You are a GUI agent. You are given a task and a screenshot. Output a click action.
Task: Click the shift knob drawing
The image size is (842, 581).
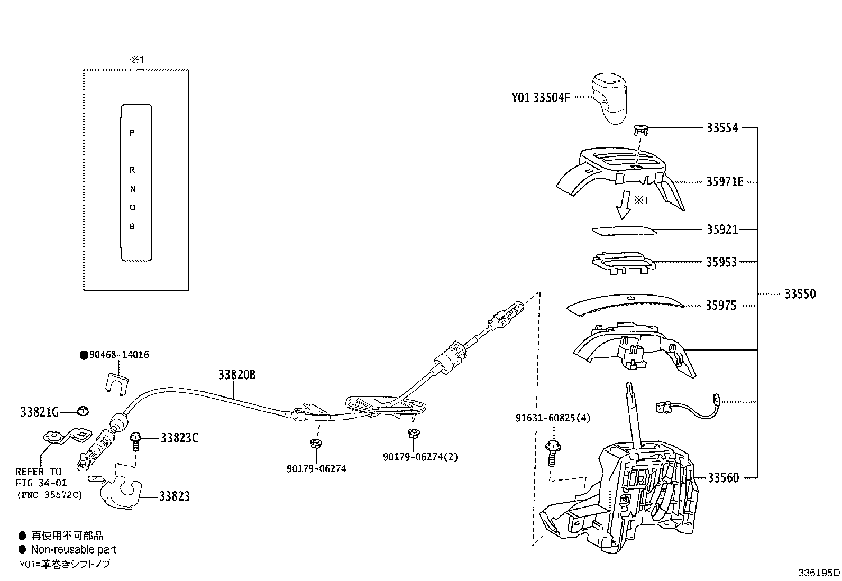click(610, 99)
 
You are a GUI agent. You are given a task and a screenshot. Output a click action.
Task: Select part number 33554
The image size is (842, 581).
click(722, 128)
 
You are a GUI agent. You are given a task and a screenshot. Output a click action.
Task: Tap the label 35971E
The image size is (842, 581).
click(725, 182)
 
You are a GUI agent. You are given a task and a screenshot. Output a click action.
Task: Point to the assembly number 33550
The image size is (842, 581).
click(800, 294)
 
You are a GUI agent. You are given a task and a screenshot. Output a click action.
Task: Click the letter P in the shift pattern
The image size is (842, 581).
click(132, 133)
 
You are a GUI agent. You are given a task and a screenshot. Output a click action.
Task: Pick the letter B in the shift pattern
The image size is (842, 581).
click(132, 227)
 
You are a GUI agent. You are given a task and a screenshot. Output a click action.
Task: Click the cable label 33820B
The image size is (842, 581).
click(237, 375)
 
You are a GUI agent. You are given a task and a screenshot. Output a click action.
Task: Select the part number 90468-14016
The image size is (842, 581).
click(118, 355)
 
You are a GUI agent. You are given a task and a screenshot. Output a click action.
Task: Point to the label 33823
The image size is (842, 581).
click(175, 496)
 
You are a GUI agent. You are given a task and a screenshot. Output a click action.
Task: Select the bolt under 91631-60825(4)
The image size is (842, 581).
click(551, 452)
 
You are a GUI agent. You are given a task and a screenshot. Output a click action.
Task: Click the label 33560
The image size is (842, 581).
click(723, 478)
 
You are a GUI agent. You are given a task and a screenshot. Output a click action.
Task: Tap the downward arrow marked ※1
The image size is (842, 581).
click(625, 205)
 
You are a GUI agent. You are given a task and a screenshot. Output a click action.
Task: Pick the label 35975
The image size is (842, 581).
click(721, 306)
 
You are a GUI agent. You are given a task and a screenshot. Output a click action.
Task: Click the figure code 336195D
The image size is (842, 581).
click(819, 573)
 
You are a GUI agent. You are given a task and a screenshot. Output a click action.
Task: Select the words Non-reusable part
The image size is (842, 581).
click(73, 550)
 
